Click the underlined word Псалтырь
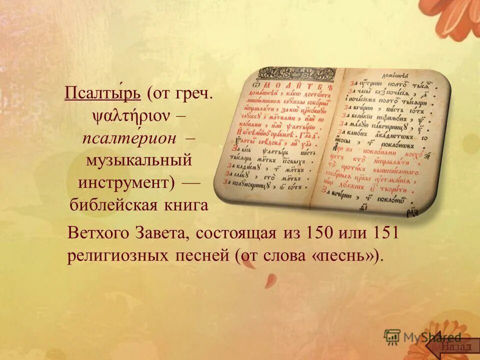tap(104, 94)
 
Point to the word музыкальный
tap(139, 161)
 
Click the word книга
tap(185, 205)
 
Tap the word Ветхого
tap(98, 233)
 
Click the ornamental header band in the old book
tap(297, 74)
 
